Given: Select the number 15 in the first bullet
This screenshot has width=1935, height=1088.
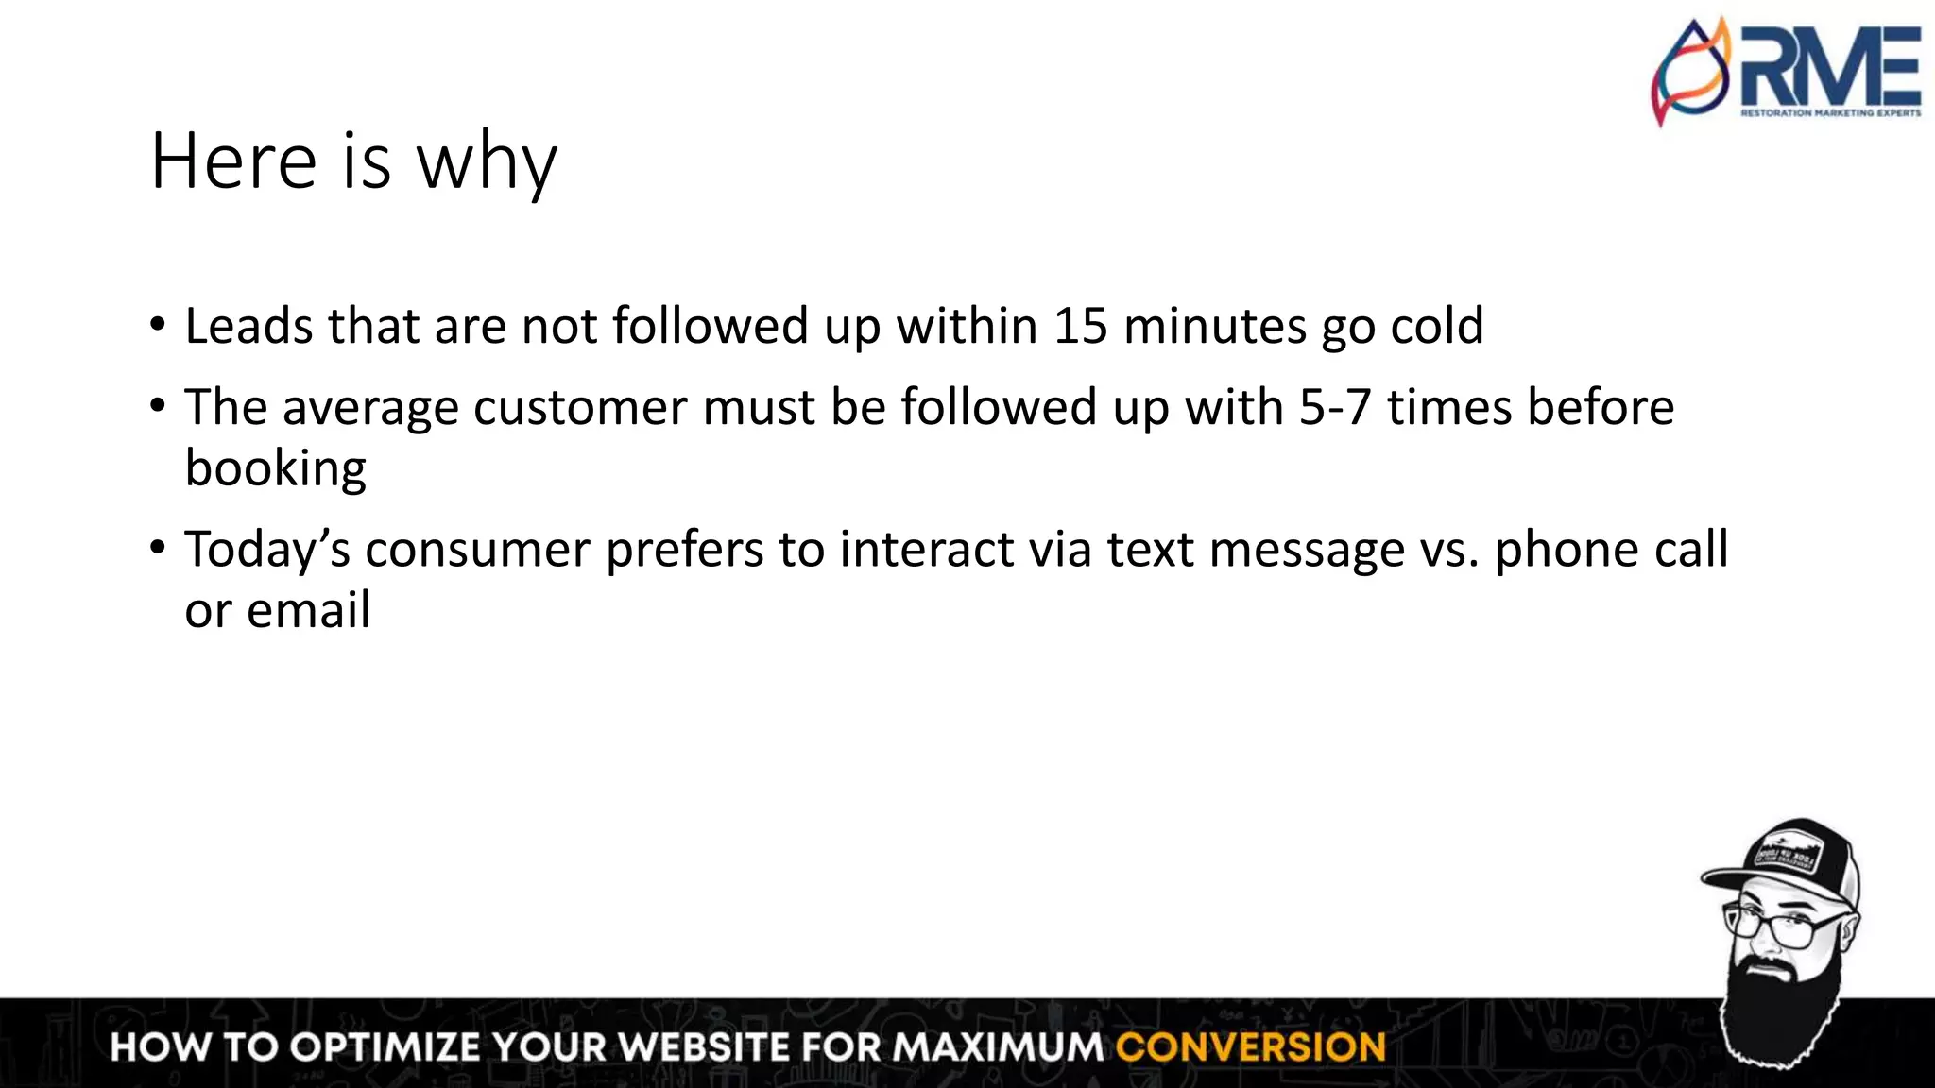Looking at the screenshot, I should pyautogui.click(x=1080, y=326).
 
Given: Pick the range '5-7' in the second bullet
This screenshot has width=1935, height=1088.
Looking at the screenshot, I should pyautogui.click(x=1335, y=407).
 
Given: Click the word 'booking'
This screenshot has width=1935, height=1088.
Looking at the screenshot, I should pyautogui.click(x=275, y=468).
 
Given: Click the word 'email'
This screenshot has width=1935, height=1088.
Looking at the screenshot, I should pyautogui.click(x=308, y=610).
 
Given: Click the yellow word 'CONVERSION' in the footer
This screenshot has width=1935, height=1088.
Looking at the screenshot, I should pyautogui.click(x=1250, y=1047).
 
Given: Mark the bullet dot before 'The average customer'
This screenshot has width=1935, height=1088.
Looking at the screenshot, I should pyautogui.click(x=158, y=407).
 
